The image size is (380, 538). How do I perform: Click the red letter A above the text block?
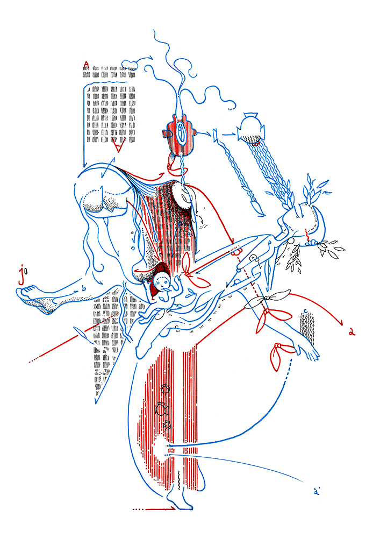click(x=86, y=66)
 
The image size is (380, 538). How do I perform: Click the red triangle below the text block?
click(x=120, y=145)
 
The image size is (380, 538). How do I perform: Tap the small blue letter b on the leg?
click(x=83, y=288)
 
